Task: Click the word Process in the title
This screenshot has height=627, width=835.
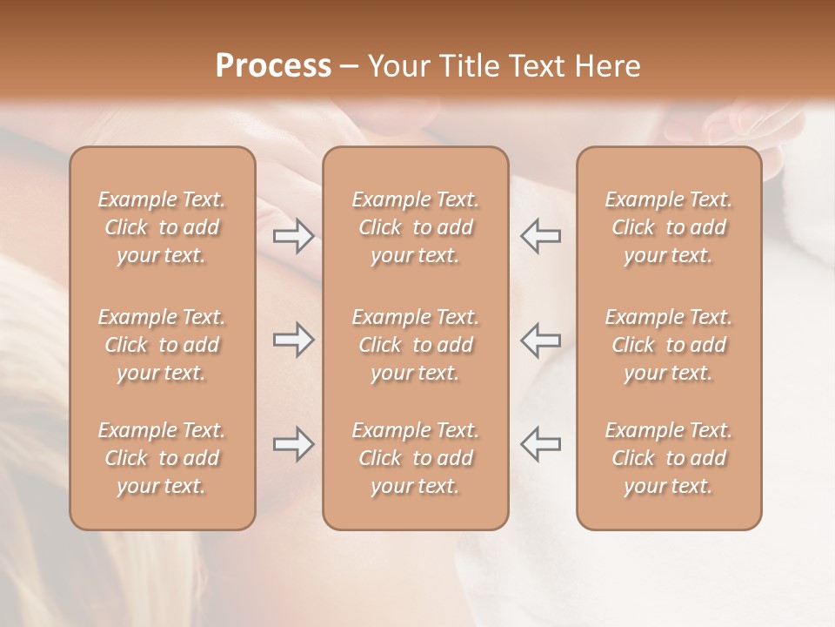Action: (273, 66)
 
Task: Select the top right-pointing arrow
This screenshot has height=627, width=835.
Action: (294, 235)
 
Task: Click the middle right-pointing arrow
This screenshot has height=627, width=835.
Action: (294, 340)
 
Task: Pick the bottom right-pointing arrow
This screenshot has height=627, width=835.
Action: (294, 444)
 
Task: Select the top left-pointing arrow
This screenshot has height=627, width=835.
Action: (540, 235)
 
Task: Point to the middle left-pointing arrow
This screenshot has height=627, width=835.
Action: (540, 340)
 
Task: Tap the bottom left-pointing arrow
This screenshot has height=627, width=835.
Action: (540, 444)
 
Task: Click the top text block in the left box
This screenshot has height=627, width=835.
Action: (162, 227)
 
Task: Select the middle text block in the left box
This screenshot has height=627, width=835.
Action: (162, 345)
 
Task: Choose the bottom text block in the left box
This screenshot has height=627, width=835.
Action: (162, 458)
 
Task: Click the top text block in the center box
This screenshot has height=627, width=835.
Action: (416, 227)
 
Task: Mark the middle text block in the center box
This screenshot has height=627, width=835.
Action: (416, 345)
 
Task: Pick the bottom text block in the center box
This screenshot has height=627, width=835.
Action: (416, 458)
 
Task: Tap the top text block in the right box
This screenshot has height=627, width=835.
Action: (669, 227)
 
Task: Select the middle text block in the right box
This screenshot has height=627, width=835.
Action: (669, 345)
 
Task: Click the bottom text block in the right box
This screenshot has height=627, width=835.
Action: (669, 458)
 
